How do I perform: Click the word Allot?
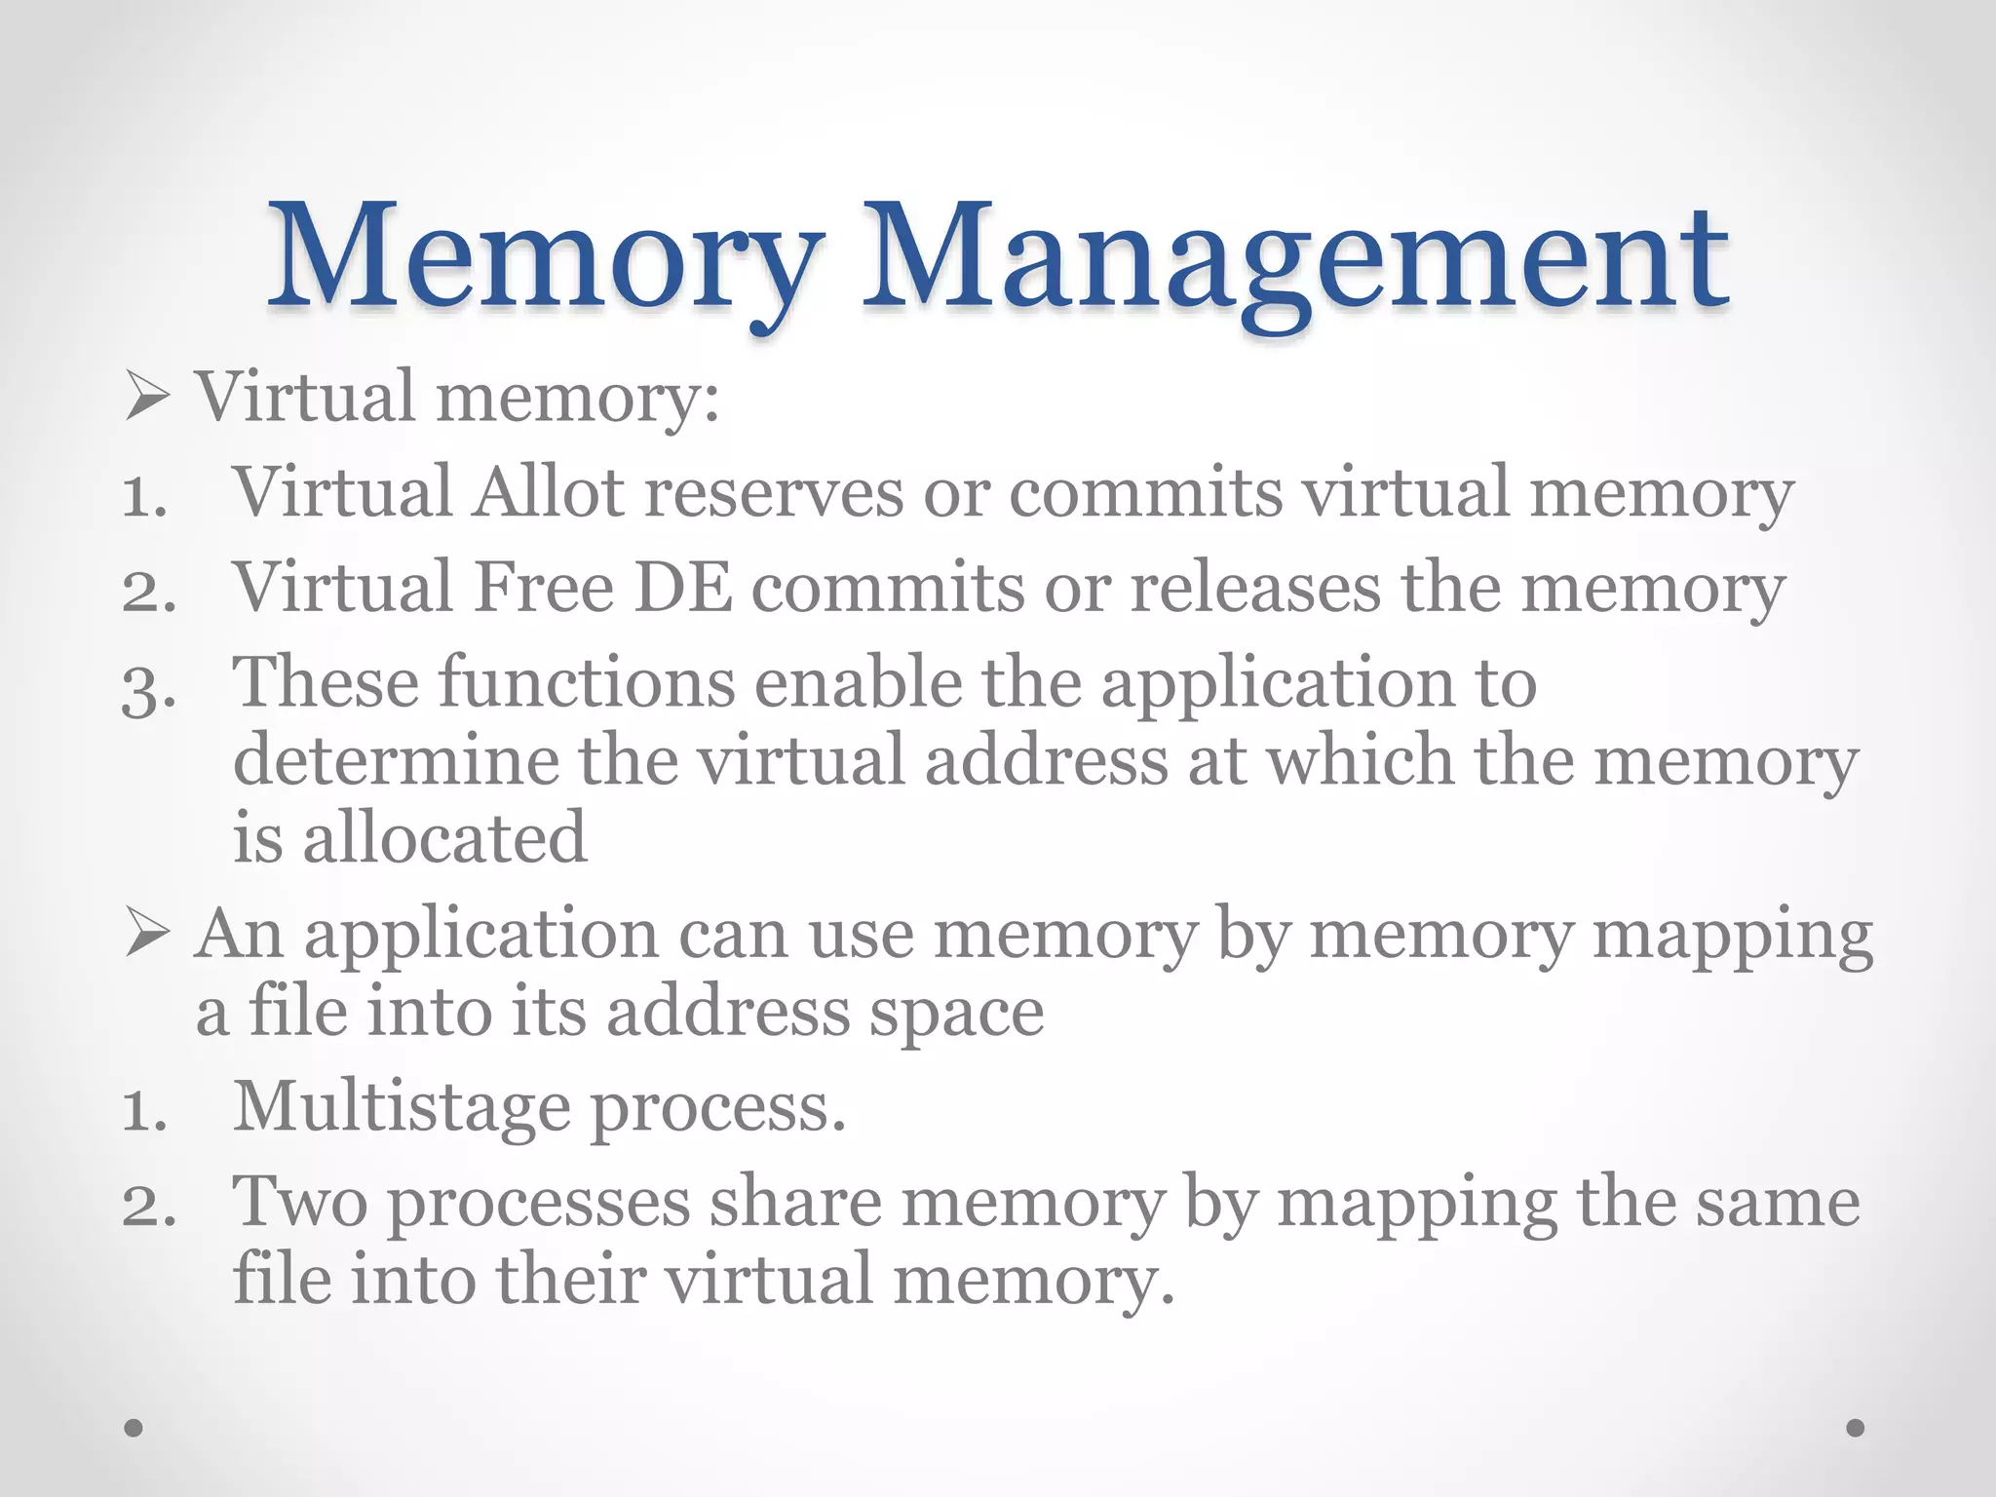tap(548, 492)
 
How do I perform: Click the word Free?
tap(544, 588)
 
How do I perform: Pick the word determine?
tap(396, 761)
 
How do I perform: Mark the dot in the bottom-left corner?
tap(134, 1428)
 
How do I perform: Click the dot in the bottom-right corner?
tap(1856, 1428)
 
